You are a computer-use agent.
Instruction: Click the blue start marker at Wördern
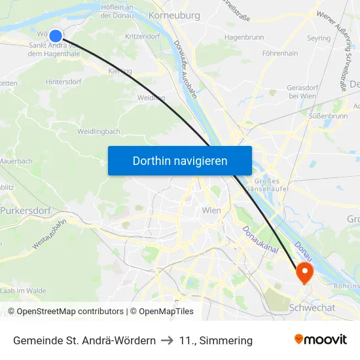56,36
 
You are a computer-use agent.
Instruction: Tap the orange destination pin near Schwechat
305,271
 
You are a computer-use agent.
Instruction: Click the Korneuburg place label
173,14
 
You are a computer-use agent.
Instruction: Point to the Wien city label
211,210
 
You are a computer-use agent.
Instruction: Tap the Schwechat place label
312,308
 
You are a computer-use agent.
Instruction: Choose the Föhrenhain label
279,53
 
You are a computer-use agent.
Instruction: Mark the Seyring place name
319,39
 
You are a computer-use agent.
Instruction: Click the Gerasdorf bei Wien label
302,92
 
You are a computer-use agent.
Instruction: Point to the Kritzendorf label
143,37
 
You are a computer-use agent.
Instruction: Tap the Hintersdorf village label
64,82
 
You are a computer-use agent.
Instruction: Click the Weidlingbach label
98,131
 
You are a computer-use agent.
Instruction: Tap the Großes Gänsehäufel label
262,185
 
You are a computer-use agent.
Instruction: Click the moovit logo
321,340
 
